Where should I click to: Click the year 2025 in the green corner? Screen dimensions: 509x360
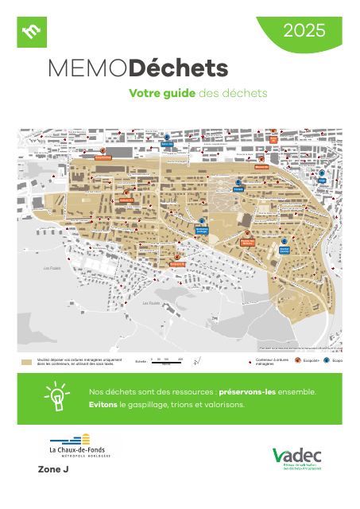coord(304,31)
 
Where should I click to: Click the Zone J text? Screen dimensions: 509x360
coord(54,470)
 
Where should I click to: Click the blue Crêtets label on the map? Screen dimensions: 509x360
coord(237,189)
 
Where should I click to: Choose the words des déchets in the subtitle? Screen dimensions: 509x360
coord(234,93)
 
